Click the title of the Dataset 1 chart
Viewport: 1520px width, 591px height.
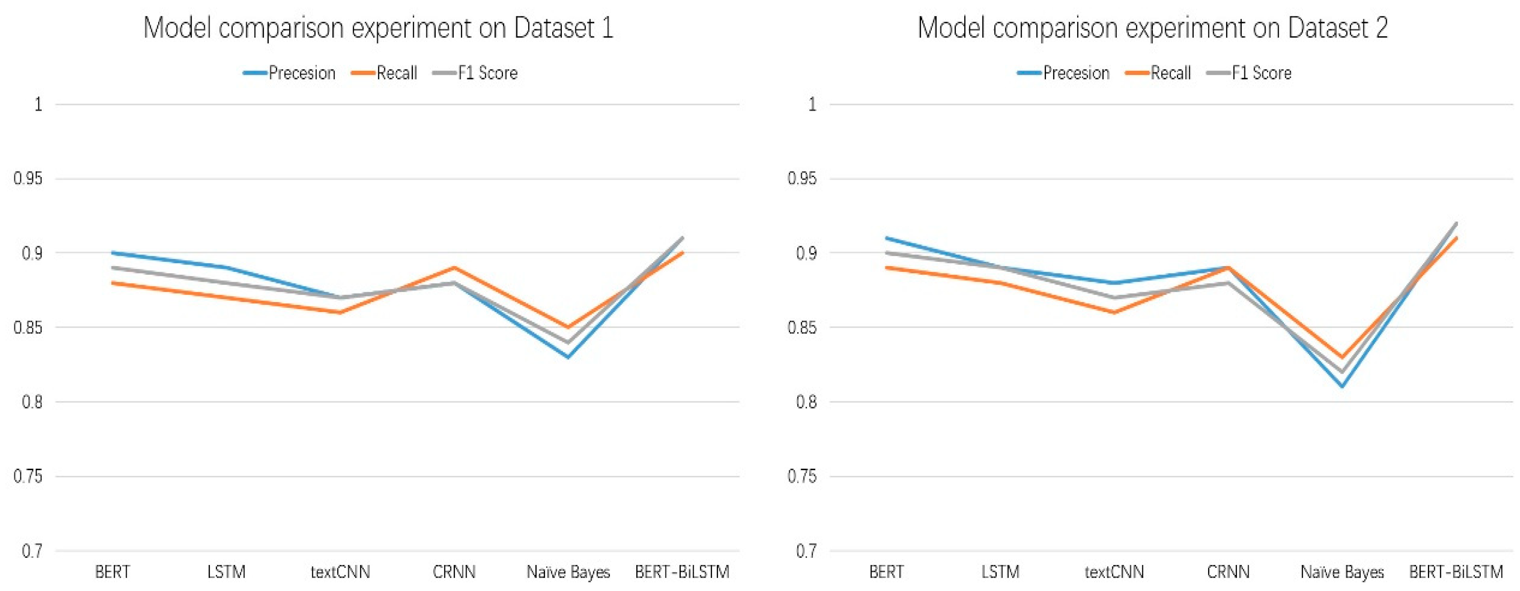coord(378,28)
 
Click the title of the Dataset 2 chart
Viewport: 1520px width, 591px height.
coord(1152,28)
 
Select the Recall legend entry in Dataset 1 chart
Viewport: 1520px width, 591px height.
coord(385,73)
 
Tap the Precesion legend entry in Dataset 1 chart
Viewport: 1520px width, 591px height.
coord(290,73)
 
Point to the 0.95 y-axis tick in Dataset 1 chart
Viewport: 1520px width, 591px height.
coord(28,179)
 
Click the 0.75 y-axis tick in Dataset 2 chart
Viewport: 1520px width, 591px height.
coord(802,477)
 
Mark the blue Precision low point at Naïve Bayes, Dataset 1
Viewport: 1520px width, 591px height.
coord(568,357)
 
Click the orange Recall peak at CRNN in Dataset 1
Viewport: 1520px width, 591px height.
coord(454,268)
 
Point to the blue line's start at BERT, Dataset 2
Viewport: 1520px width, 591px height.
coord(886,238)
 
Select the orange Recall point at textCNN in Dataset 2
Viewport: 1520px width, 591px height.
coord(1114,313)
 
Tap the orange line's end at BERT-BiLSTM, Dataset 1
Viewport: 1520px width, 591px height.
coord(683,253)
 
